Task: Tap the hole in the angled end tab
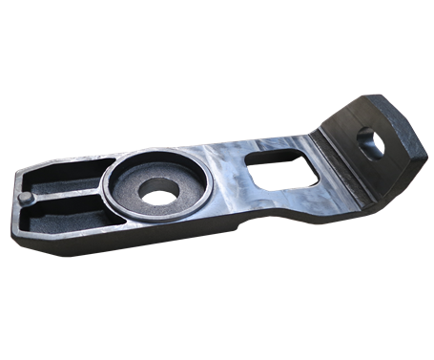point(374,141)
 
